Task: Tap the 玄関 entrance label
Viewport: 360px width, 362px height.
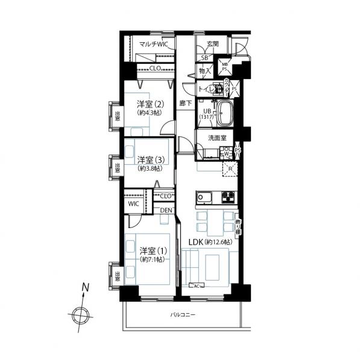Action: pos(213,44)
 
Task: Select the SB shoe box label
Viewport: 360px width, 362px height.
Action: pos(204,58)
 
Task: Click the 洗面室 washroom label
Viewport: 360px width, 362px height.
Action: pos(217,138)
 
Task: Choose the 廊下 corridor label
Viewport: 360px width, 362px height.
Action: pos(185,103)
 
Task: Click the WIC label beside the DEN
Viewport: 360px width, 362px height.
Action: pos(133,204)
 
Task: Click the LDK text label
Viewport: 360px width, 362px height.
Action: pos(195,243)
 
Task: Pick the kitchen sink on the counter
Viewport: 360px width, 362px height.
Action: pos(203,197)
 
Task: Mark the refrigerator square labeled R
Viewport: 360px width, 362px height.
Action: pos(230,170)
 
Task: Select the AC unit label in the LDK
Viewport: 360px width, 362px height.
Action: pos(196,285)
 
